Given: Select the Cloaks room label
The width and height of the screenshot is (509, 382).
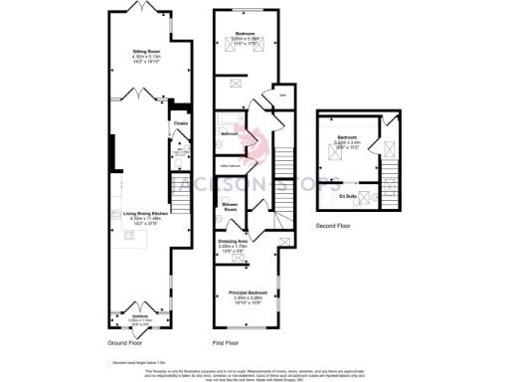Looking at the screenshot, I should pos(181,123).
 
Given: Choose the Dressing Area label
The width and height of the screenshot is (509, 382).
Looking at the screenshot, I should pos(238,241).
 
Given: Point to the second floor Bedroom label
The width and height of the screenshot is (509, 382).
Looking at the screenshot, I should pos(347,139).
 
